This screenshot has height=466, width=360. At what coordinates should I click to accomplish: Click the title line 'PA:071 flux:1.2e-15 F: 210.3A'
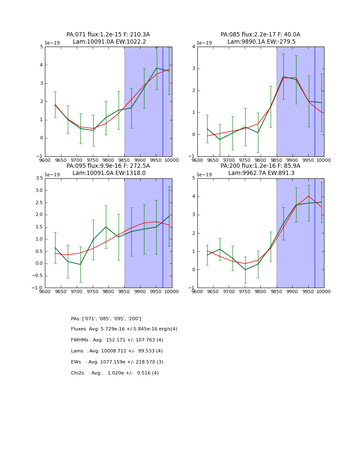click(x=108, y=35)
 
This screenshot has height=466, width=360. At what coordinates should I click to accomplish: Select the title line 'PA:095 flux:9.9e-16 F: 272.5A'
click(x=108, y=166)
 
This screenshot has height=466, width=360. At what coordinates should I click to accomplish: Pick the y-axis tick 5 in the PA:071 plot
click(x=41, y=47)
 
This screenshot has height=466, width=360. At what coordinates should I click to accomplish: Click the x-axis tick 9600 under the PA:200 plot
click(x=197, y=291)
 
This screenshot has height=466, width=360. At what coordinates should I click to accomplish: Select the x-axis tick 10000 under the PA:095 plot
click(x=172, y=291)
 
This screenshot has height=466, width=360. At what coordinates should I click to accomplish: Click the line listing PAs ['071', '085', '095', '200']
click(x=106, y=319)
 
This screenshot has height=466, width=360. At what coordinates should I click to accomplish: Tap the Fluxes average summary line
click(x=124, y=329)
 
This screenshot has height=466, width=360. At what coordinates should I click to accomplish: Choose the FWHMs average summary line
click(x=117, y=340)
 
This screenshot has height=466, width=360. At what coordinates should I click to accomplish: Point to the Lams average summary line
click(x=117, y=351)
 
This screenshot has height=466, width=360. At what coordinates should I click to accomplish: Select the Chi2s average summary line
click(x=115, y=373)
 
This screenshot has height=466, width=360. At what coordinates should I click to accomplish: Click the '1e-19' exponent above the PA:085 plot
click(x=204, y=43)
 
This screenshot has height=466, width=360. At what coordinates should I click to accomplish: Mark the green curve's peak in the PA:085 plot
click(x=283, y=77)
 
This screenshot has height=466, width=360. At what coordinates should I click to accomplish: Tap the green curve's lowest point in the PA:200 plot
click(x=245, y=270)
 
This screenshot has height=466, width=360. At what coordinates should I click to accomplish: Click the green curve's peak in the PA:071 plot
click(x=156, y=68)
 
